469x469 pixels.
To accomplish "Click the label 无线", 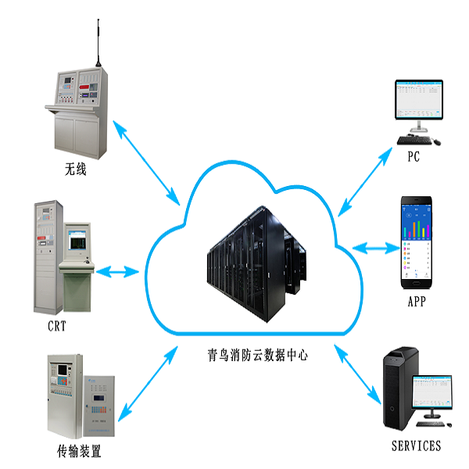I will pos(75,167).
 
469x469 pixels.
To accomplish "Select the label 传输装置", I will pos(79,451).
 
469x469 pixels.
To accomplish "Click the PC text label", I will pos(414,156).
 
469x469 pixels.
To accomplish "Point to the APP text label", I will pos(417,301).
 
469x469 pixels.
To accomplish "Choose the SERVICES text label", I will pos(416,446).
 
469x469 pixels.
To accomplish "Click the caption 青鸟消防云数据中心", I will pos(252,354).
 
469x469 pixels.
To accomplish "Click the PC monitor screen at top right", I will pos(417,100).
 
